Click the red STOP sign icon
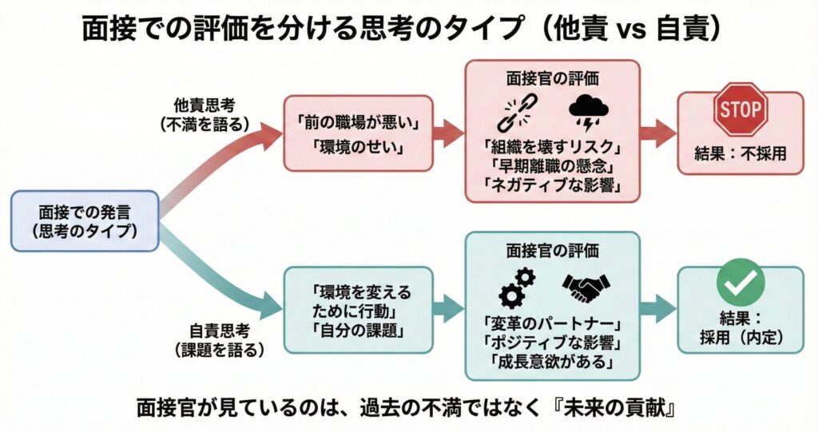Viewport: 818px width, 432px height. tap(740, 108)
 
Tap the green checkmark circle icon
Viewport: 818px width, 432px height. tap(740, 280)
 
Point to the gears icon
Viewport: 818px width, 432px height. tap(516, 287)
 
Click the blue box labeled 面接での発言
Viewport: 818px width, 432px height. tap(85, 221)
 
